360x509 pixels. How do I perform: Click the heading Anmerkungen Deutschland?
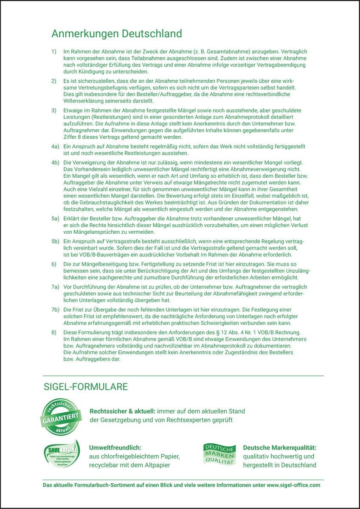(x=116, y=33)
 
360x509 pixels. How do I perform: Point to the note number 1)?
(x=54, y=51)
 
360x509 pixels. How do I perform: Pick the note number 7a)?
(x=55, y=287)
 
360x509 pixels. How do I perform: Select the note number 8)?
(x=54, y=332)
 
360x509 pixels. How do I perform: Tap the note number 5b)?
(x=55, y=241)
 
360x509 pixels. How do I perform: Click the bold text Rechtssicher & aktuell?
(x=122, y=411)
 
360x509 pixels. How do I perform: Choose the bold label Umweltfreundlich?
(x=115, y=447)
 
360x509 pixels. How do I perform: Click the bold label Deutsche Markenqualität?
(x=280, y=447)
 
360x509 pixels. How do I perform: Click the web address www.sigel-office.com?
(x=293, y=485)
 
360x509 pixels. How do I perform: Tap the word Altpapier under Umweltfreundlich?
(x=156, y=465)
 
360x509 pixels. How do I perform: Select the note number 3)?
(x=54, y=111)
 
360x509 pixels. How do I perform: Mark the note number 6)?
(x=54, y=263)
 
